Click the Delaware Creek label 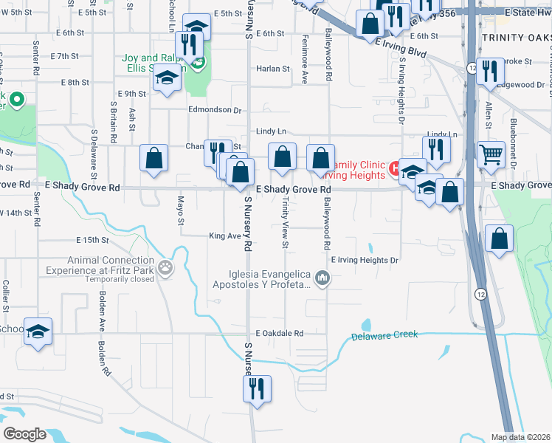tap(384, 335)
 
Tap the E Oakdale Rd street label tap(280, 333)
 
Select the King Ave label tap(225, 236)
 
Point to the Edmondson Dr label tap(216, 110)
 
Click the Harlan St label tap(273, 69)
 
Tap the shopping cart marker tap(491, 156)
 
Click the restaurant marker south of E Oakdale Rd tap(257, 388)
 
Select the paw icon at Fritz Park tap(168, 270)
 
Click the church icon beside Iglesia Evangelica tap(322, 278)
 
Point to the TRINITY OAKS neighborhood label tap(515, 37)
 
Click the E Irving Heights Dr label tap(365, 260)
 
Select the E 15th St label tap(92, 240)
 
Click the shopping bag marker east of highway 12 tap(500, 239)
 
